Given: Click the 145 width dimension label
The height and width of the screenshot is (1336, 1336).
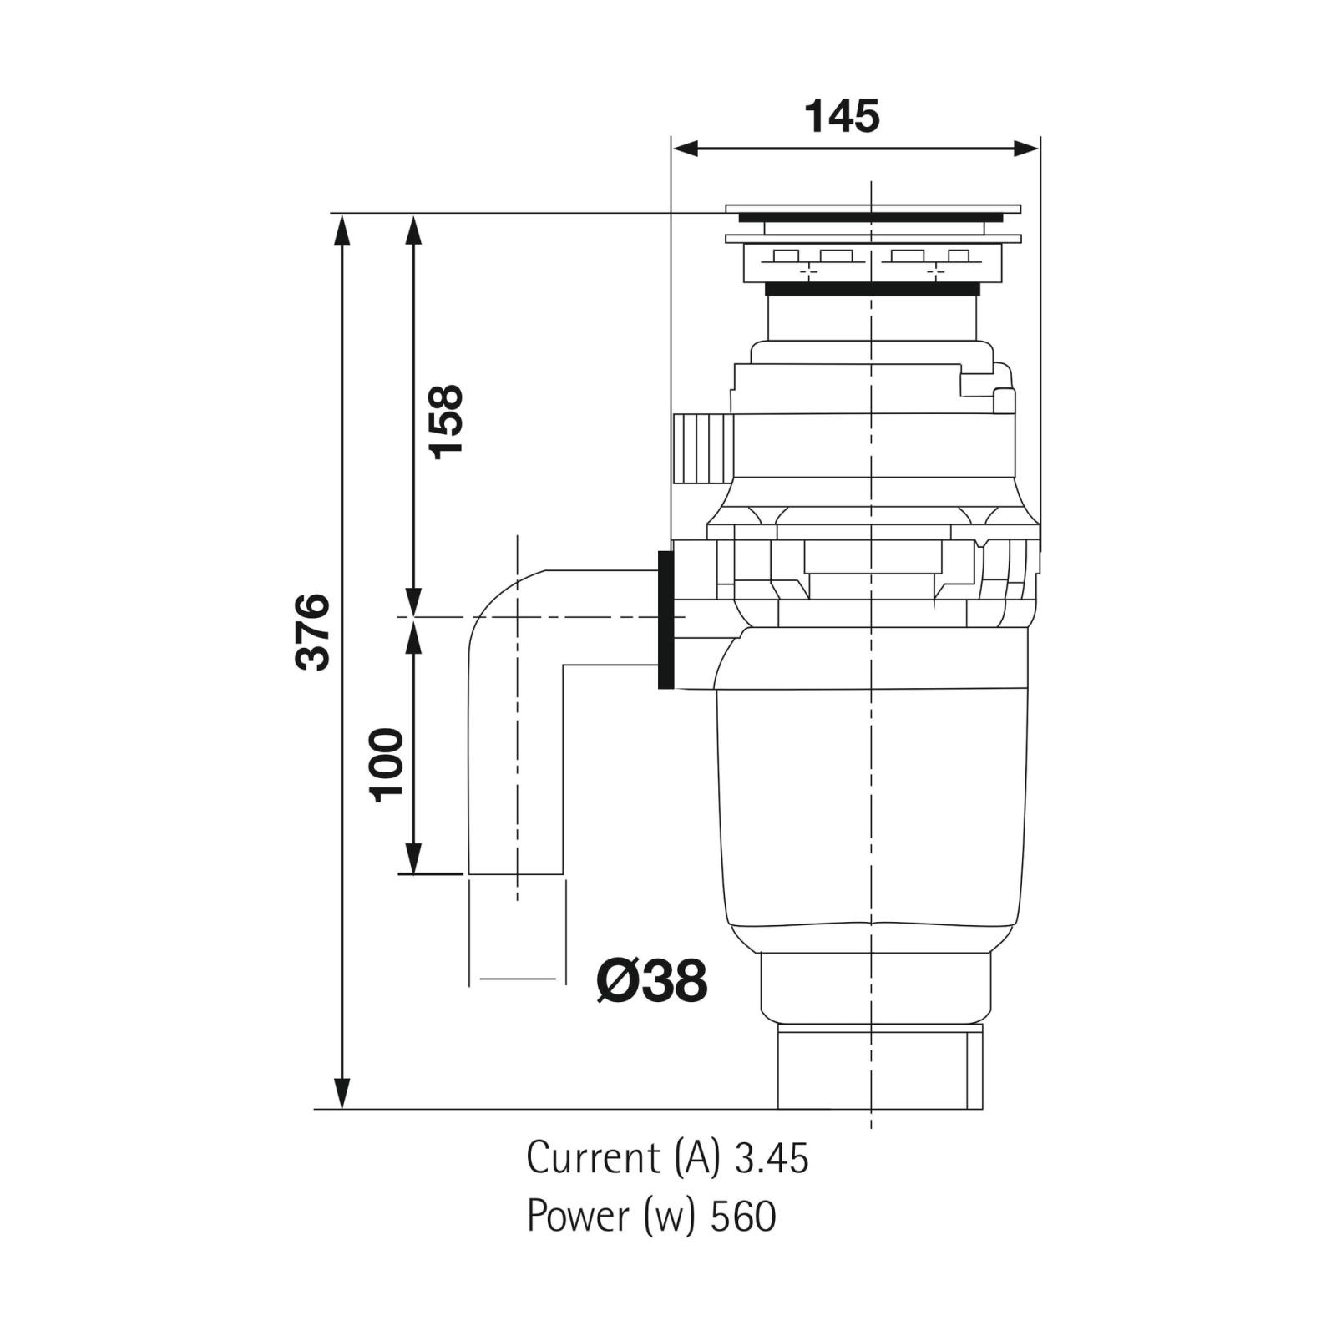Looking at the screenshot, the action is [x=842, y=116].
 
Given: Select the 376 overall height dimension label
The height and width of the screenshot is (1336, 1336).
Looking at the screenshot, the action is [x=313, y=631].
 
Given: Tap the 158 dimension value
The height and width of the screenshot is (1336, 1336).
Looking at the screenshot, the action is [x=445, y=421].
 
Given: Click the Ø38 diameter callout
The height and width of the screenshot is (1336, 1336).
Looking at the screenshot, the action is [x=652, y=980].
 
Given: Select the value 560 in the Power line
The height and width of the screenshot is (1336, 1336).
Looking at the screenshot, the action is [x=743, y=1217].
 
